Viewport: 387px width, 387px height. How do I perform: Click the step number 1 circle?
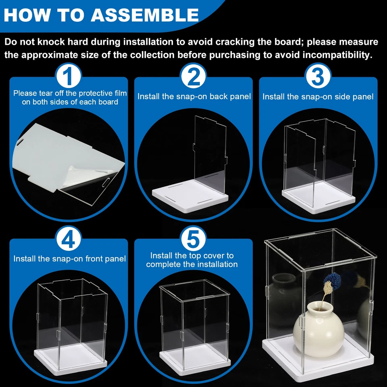[69, 77]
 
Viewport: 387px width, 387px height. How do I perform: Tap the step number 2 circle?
[193, 77]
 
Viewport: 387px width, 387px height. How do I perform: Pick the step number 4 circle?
[69, 239]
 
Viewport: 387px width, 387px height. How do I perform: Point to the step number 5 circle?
[193, 239]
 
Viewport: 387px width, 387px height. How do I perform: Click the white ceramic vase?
[318, 329]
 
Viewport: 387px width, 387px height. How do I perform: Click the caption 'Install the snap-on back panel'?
[194, 96]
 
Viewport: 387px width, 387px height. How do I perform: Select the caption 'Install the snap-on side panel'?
[318, 97]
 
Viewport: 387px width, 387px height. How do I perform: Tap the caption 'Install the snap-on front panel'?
[70, 259]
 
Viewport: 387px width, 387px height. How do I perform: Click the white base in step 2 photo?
[189, 193]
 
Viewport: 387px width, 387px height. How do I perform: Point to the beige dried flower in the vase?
[327, 289]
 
